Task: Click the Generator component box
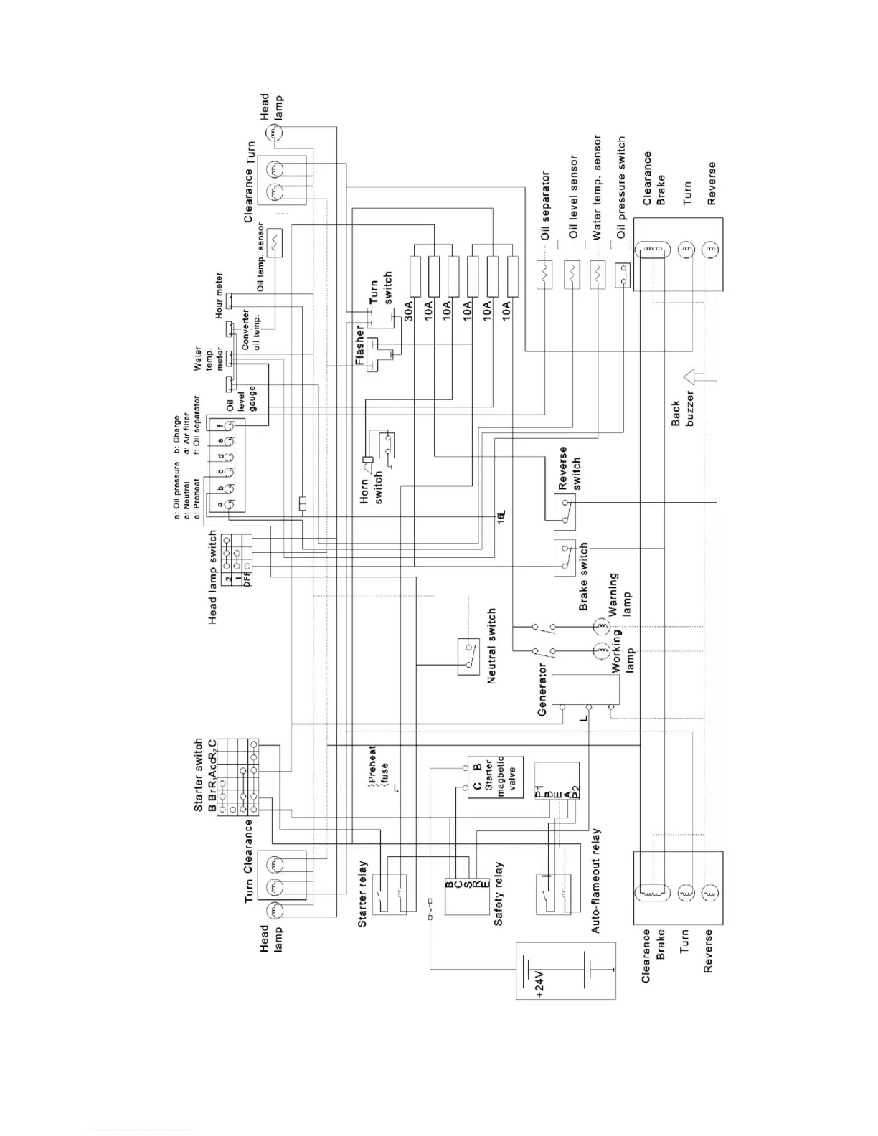coord(585,690)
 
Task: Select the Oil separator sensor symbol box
coord(546,275)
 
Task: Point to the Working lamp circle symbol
coord(600,651)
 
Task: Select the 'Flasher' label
coord(361,346)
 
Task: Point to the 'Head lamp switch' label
coord(213,577)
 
